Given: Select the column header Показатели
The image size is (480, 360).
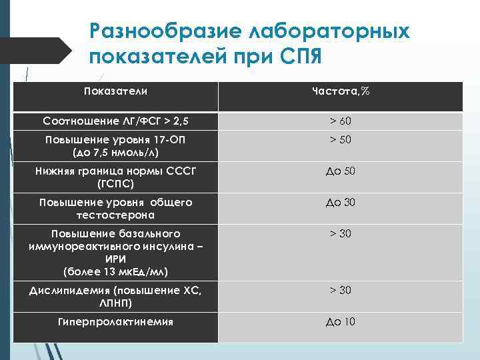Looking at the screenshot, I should [x=116, y=90].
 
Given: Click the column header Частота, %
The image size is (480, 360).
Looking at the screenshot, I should [x=340, y=90].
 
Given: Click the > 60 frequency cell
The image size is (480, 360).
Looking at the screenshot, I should [x=340, y=121].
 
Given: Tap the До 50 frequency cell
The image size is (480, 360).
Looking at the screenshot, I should [x=340, y=171].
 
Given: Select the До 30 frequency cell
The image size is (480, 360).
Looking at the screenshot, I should [x=340, y=202].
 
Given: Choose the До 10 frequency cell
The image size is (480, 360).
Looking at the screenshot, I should [x=340, y=321].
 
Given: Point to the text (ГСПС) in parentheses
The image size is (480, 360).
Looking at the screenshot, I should [x=116, y=183].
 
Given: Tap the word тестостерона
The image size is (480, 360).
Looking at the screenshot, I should [x=116, y=215].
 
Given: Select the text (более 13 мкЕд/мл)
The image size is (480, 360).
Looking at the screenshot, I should [x=116, y=271].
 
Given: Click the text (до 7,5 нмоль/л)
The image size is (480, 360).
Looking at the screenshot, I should [x=116, y=153].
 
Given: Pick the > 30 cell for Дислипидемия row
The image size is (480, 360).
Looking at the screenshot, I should [x=340, y=290].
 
